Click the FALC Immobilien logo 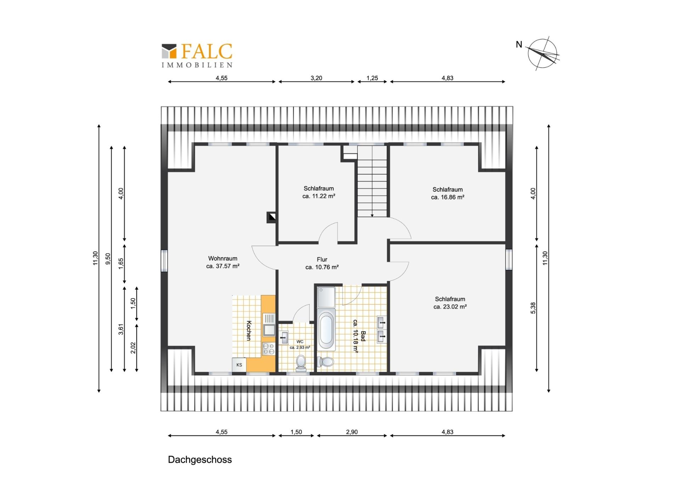[x=197, y=55]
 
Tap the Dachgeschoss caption [x=200, y=460]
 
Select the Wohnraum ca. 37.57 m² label [x=223, y=262]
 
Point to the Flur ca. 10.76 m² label [x=322, y=263]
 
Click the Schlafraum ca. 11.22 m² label [x=319, y=192]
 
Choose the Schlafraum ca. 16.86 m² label [x=447, y=193]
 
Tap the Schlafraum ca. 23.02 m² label [x=450, y=303]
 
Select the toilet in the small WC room [x=301, y=363]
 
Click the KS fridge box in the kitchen [x=239, y=365]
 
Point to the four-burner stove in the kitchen [x=268, y=349]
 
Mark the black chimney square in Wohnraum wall [x=271, y=217]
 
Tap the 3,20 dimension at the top [x=316, y=78]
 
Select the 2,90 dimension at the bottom [x=352, y=432]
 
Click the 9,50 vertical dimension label [x=108, y=258]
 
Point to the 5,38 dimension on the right [x=533, y=308]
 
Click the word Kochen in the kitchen [x=249, y=330]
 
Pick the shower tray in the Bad [x=326, y=297]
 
